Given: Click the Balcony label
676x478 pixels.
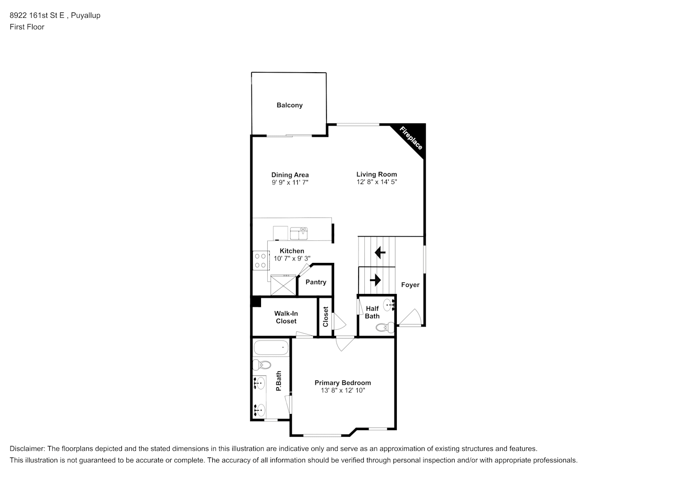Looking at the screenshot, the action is click(289, 105).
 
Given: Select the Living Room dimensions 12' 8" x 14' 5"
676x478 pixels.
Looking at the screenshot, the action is click(377, 182).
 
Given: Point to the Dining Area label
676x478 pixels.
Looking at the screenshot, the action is click(290, 175).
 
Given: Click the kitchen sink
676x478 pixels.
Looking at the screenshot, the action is click(299, 233).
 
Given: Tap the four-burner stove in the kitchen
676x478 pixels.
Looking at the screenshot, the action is click(260, 261).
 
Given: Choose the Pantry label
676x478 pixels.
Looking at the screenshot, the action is click(316, 282).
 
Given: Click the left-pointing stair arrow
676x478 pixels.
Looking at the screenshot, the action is click(380, 252).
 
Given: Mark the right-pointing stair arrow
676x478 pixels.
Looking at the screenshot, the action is click(375, 280).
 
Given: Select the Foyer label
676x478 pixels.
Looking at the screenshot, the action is click(410, 284).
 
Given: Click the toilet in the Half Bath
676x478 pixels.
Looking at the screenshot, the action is click(385, 327).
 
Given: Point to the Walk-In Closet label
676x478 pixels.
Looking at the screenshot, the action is click(286, 317).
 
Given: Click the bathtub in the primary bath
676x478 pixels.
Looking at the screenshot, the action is click(271, 348).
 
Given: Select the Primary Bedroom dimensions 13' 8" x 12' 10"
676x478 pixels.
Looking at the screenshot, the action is click(343, 390).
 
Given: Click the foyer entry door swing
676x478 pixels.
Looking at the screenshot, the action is click(410, 317).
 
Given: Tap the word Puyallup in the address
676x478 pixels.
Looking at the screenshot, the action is click(86, 15).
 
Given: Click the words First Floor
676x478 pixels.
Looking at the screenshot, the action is click(27, 27).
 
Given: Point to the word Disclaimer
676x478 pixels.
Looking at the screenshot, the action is click(27, 448).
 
